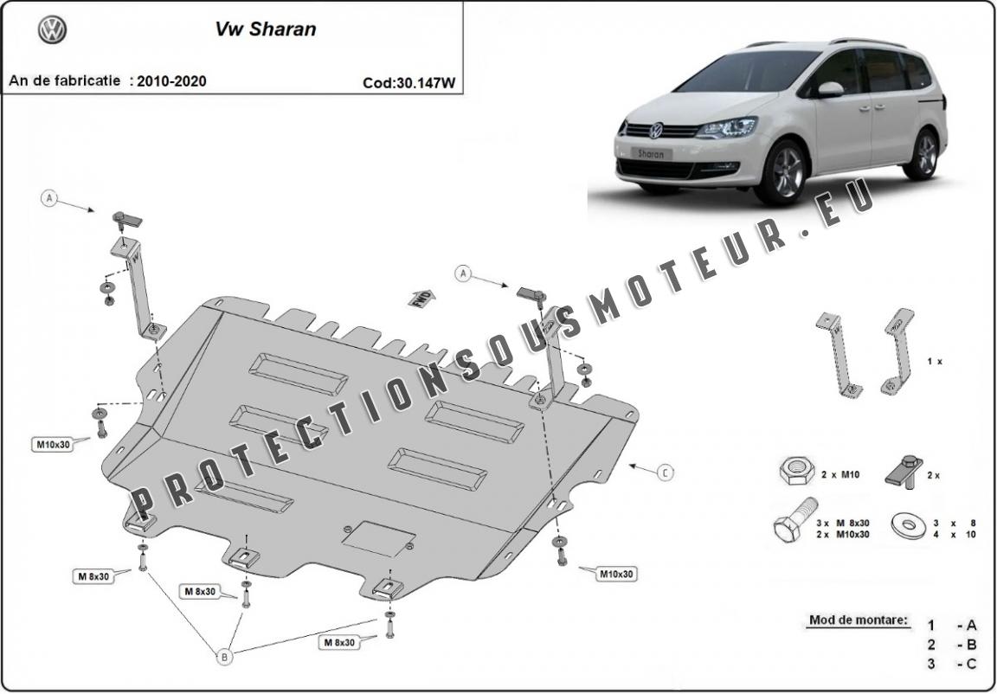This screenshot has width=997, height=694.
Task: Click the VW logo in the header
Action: (x=52, y=30)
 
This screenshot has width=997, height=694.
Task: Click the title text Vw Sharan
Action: (x=265, y=29)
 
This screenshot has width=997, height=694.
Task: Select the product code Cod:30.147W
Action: (x=409, y=82)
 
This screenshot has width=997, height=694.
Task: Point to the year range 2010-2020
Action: (x=171, y=80)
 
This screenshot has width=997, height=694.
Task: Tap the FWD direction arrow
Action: (x=422, y=298)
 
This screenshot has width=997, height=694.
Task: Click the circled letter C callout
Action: (x=665, y=472)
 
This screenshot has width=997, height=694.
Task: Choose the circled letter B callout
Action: (x=224, y=657)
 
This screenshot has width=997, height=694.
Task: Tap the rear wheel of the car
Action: (x=925, y=154)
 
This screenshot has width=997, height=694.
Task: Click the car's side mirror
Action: (x=830, y=90)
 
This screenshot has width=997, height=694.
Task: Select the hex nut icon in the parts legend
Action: (x=796, y=471)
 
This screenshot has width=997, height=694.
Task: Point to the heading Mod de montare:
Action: (x=859, y=620)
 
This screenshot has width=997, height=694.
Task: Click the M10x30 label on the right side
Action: (x=616, y=574)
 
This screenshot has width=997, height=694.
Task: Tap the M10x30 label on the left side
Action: (x=52, y=444)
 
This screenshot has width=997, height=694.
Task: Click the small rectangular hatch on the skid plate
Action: (x=379, y=539)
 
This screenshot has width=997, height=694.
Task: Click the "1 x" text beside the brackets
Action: (x=935, y=361)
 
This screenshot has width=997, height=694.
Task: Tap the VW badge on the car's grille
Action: (x=655, y=131)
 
